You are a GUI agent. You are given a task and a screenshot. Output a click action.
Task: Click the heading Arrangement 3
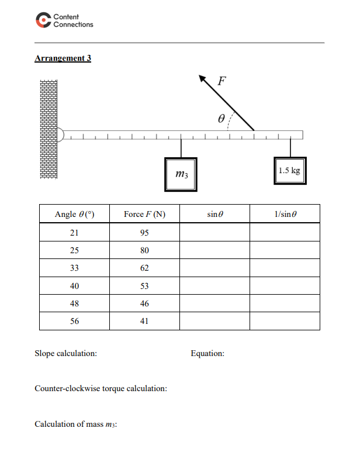63,58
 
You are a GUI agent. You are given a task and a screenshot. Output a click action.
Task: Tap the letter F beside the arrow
222,81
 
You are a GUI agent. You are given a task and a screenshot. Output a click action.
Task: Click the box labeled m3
181,174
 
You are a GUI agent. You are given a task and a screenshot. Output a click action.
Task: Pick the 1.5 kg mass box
289,171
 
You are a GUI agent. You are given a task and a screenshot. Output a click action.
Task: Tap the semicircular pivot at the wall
60,135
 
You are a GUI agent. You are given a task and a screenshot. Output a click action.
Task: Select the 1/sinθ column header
285,215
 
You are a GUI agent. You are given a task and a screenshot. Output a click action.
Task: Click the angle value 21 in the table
74,233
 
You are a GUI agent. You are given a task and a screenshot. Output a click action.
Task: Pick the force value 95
145,233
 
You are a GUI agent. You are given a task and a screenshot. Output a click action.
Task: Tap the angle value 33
74,268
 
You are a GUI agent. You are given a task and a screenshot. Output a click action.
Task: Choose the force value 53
145,286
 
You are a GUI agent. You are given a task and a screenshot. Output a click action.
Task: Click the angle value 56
74,321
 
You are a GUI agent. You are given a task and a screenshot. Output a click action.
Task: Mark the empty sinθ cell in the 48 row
214,303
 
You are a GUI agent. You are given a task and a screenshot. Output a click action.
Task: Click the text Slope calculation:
66,353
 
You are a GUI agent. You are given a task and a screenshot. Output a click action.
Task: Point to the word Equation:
207,353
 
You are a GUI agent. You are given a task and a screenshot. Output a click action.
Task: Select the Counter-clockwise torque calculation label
101,388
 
